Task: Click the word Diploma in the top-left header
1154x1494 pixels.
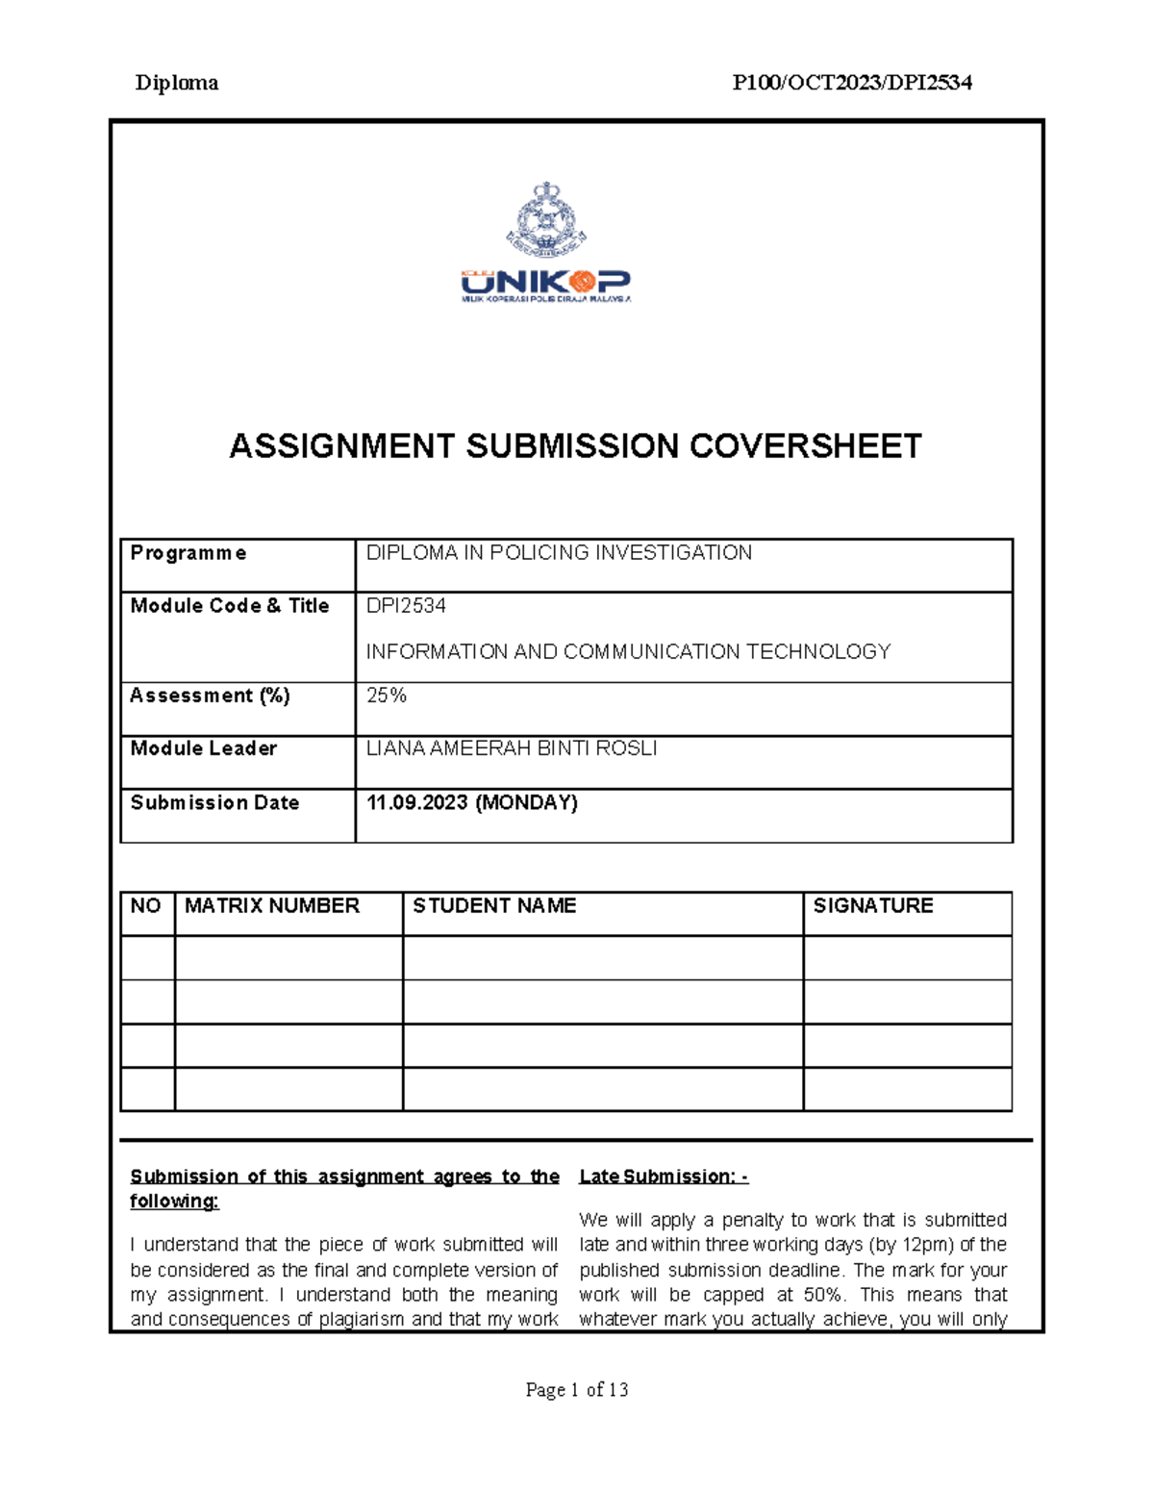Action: tap(176, 83)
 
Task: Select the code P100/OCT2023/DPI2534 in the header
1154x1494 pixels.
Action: tap(852, 83)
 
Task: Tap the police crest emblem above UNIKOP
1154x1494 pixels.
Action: tap(546, 218)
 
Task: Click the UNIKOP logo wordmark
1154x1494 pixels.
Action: tap(545, 282)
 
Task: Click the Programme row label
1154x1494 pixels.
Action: tap(188, 553)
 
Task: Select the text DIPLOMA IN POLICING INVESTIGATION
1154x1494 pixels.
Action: tap(559, 553)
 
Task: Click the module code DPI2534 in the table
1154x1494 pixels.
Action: tap(406, 606)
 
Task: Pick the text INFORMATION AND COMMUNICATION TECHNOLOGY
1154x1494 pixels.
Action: tap(628, 652)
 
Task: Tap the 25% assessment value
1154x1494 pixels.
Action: tap(387, 696)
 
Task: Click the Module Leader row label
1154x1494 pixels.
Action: tap(204, 748)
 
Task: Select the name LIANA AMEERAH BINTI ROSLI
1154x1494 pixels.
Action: tap(512, 748)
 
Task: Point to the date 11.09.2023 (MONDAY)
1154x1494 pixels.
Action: tap(472, 802)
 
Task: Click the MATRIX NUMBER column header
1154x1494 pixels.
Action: tap(272, 906)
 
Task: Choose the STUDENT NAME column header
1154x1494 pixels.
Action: tap(494, 906)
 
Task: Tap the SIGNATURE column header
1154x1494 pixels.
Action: tap(873, 906)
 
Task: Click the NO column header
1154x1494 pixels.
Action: tap(146, 906)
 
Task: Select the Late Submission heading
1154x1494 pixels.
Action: tap(664, 1177)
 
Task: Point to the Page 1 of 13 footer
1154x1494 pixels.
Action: tap(577, 1389)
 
